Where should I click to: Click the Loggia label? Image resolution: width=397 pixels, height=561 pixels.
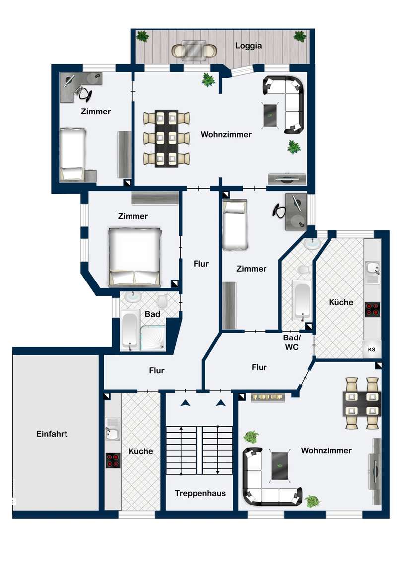point(248,46)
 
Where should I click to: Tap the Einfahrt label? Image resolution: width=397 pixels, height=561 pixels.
point(52,434)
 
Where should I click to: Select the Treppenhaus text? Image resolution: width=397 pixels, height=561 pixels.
point(200,493)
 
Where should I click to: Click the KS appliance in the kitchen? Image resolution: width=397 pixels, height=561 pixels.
point(372,349)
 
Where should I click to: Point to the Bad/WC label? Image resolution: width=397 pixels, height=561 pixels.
point(292,342)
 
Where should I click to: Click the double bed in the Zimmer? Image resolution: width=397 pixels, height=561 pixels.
point(134,257)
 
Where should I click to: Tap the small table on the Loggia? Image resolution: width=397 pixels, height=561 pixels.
point(194,51)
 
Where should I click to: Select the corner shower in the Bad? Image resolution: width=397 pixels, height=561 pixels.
point(153,338)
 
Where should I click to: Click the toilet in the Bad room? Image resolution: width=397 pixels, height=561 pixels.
point(163,301)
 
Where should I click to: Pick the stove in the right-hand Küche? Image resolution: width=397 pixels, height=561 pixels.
point(372,309)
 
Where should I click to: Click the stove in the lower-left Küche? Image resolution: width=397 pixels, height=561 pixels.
point(113,461)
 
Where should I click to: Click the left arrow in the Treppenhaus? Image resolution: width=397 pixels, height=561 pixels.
point(185,403)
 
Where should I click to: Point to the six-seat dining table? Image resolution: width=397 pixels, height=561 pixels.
point(167,138)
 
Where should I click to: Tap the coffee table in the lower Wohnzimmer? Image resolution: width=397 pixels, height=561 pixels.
point(280,465)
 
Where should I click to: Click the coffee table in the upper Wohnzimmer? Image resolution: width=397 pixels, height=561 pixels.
point(271,115)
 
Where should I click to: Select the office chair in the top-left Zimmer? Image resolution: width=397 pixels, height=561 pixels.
point(85,94)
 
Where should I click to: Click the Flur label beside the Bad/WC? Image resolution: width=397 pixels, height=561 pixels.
point(259,367)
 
